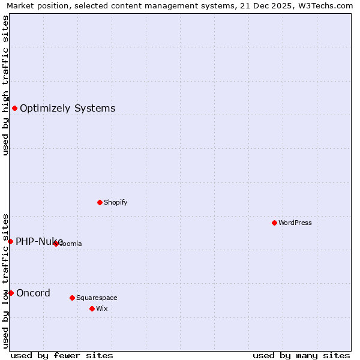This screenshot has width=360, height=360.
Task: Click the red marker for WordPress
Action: coord(274,223)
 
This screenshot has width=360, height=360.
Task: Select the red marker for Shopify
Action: coord(100,202)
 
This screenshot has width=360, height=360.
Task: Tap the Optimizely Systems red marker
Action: coord(14,108)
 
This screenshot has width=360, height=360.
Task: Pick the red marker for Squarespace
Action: coord(72,298)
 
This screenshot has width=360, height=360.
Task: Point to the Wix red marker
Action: coord(92,308)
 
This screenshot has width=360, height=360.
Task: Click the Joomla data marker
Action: coord(56,244)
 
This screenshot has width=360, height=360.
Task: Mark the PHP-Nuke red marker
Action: coord(10,241)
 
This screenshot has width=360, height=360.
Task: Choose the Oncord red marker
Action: coord(11,293)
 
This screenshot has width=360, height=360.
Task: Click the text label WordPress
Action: coord(295,223)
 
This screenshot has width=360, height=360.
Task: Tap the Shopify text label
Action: coord(115,202)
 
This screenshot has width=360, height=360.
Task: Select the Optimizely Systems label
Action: coord(67,108)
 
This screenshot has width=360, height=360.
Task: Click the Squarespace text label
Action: coord(97,298)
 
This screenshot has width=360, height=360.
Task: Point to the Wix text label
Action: coord(101,308)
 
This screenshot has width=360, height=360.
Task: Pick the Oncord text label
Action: coord(33,293)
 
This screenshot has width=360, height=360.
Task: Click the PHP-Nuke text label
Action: coord(39,241)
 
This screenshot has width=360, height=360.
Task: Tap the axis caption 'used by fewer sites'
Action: coord(62,355)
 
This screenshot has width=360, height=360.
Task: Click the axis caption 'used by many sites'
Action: coord(301,355)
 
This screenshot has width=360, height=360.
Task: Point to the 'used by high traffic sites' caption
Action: coord(5,85)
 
